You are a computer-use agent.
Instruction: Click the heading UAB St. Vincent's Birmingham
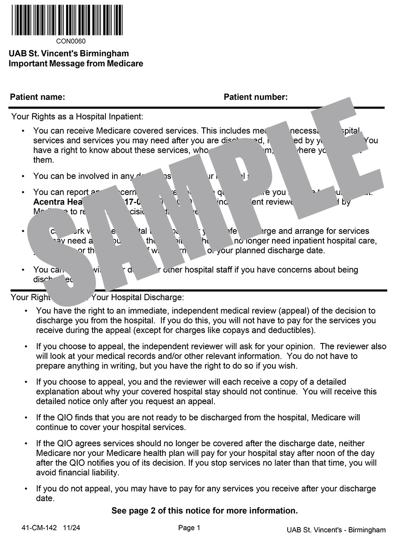[69, 54]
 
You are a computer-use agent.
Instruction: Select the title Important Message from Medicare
[76, 63]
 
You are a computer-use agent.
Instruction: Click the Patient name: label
[38, 97]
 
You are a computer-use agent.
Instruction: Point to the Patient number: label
[255, 97]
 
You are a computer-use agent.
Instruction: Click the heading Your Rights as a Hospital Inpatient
[77, 117]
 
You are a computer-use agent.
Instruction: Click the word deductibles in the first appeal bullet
[293, 331]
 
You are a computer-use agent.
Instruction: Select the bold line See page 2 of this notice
[205, 510]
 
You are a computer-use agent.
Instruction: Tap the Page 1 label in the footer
[189, 528]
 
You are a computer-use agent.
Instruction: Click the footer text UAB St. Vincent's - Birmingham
[336, 530]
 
